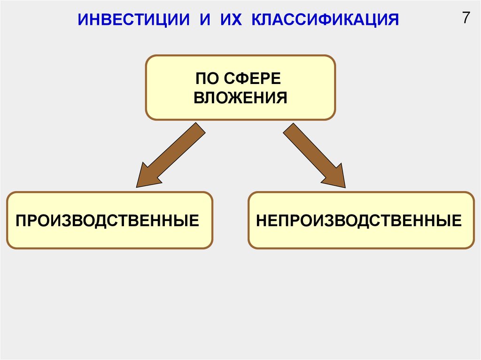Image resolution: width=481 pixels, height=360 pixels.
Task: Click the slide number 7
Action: (x=466, y=18)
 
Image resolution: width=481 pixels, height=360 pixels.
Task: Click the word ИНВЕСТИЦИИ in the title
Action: (x=134, y=20)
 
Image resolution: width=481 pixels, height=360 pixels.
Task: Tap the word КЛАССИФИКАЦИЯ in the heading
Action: (x=325, y=20)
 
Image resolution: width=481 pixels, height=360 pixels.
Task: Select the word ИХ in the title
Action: (x=231, y=20)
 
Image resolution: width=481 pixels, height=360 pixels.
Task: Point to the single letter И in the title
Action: (x=205, y=20)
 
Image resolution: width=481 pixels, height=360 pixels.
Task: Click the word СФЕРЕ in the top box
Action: (x=252, y=78)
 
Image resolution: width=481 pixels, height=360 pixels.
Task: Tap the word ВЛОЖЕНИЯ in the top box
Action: (x=240, y=98)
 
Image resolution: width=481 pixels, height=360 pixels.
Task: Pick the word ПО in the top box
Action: (x=207, y=78)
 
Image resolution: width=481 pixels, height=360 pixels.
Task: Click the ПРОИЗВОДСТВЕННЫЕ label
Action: (x=108, y=221)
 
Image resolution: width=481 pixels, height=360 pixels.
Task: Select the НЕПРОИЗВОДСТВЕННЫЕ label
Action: (x=359, y=221)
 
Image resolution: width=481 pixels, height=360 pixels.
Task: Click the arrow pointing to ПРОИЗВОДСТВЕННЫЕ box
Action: (x=171, y=155)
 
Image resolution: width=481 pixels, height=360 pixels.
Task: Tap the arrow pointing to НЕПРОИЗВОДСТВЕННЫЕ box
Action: (x=314, y=155)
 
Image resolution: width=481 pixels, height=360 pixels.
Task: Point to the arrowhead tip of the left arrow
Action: (x=137, y=187)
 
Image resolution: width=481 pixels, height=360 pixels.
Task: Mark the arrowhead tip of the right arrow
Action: (x=345, y=187)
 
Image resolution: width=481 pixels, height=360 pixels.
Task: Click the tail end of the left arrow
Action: (x=201, y=128)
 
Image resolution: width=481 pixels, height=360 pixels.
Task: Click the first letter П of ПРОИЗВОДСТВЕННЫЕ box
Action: (x=21, y=221)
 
